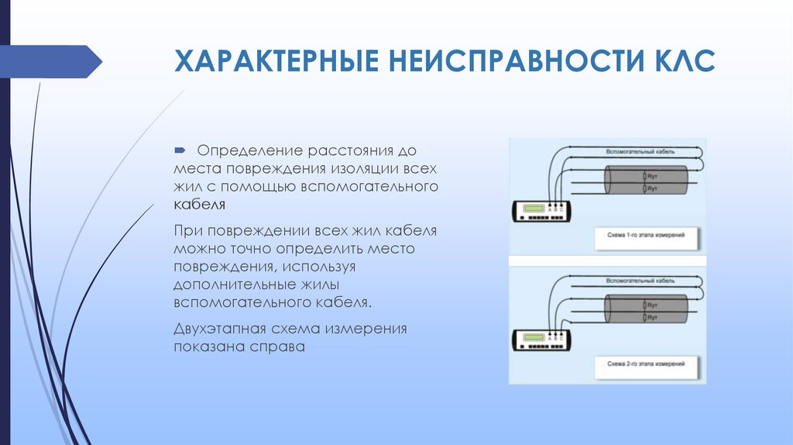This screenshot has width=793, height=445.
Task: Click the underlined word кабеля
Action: (x=199, y=205)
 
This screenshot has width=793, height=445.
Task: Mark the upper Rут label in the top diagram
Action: (x=652, y=178)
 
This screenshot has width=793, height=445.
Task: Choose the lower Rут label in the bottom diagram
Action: (x=652, y=318)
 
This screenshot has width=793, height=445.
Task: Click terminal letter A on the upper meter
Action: (x=549, y=210)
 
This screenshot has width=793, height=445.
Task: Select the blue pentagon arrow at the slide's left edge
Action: (x=50, y=61)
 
